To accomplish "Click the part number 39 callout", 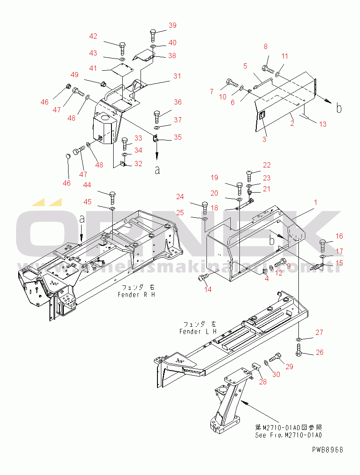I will pyautogui.click(x=172, y=26).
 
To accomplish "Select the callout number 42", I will pyautogui.click(x=93, y=36).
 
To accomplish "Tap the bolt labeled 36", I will pyautogui.click(x=157, y=117).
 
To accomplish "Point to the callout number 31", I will pyautogui.click(x=177, y=76).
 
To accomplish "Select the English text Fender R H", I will pyautogui.click(x=137, y=295).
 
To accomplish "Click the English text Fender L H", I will pyautogui.click(x=198, y=332).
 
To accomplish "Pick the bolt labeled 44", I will pyautogui.click(x=112, y=197).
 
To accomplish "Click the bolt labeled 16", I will pyautogui.click(x=324, y=246).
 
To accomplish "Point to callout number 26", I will pyautogui.click(x=319, y=352).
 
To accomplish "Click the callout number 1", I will pyautogui.click(x=315, y=202).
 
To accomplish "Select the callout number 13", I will pyautogui.click(x=322, y=124).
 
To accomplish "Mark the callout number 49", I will pyautogui.click(x=75, y=75).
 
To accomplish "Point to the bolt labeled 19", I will pyautogui.click(x=239, y=188).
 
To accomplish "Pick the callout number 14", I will pyautogui.click(x=208, y=289).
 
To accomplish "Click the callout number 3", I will pyautogui.click(x=264, y=139).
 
